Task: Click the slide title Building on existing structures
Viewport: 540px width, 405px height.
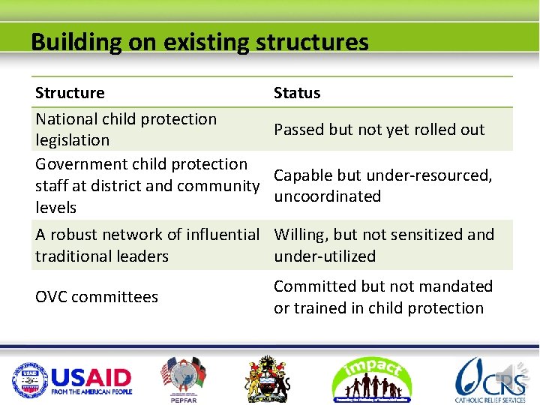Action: coord(199,41)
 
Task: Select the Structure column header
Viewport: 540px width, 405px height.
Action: coord(70,93)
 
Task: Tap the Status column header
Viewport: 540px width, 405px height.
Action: coord(297,93)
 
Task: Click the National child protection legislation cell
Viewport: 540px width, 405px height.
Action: coord(126,129)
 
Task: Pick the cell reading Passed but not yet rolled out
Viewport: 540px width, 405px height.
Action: coord(379,129)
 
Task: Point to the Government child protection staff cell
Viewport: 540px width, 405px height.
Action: coord(146,185)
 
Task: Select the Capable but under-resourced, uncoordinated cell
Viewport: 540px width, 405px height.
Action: coord(382,185)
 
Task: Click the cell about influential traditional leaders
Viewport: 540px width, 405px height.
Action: coord(147,245)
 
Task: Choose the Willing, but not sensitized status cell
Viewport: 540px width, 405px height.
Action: coord(383,245)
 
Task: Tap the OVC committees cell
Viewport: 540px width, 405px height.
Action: coord(97,297)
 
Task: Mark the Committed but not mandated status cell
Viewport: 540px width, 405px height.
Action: coord(382,297)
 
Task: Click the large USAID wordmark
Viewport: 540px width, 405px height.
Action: coord(91,377)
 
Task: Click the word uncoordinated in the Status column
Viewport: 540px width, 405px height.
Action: coord(327,196)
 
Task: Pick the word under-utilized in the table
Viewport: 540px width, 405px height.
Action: coord(325,256)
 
